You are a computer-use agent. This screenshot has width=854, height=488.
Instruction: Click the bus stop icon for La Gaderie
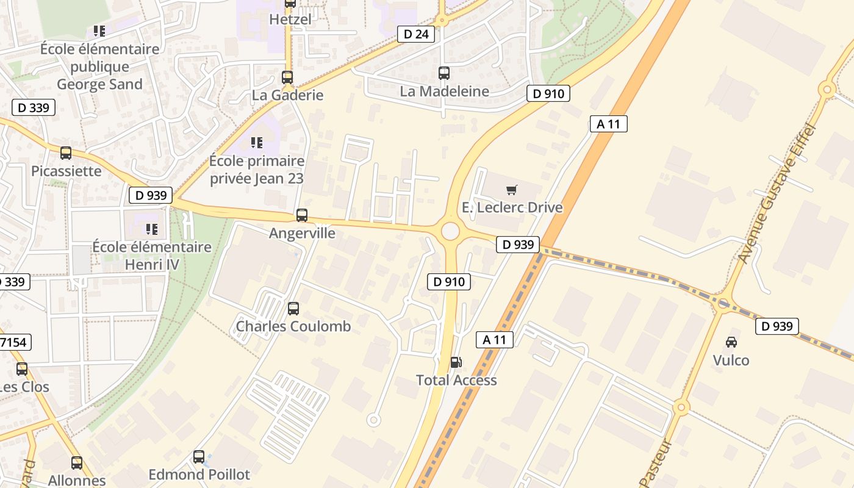pyautogui.click(x=287, y=77)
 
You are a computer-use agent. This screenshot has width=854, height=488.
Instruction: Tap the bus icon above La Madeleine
pyautogui.click(x=444, y=73)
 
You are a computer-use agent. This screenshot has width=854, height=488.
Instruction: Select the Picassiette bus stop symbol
pyautogui.click(x=66, y=153)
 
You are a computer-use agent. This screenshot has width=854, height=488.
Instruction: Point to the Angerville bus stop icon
pyautogui.click(x=302, y=215)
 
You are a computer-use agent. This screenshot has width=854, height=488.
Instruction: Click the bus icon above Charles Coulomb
pyautogui.click(x=293, y=309)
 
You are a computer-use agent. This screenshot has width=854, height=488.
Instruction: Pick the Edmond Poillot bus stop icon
pyautogui.click(x=199, y=457)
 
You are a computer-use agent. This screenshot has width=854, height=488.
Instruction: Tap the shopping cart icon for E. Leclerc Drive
pyautogui.click(x=512, y=190)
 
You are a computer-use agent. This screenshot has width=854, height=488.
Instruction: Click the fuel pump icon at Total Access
pyautogui.click(x=456, y=362)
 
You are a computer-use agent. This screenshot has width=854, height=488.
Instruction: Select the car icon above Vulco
pyautogui.click(x=731, y=342)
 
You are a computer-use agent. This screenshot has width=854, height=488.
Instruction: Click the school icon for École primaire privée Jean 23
pyautogui.click(x=257, y=143)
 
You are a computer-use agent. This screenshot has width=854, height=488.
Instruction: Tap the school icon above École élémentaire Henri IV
pyautogui.click(x=151, y=229)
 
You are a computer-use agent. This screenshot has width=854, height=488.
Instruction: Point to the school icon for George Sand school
pyautogui.click(x=99, y=31)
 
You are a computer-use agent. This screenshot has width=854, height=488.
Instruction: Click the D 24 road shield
pyautogui.click(x=417, y=34)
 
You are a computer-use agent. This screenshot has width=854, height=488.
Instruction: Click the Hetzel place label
pyautogui.click(x=290, y=20)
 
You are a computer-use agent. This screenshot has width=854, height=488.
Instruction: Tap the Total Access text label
pyautogui.click(x=456, y=380)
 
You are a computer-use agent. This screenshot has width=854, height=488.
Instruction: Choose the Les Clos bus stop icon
pyautogui.click(x=22, y=369)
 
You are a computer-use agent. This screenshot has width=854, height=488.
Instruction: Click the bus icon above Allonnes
pyautogui.click(x=77, y=463)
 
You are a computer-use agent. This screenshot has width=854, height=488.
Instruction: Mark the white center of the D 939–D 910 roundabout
pyautogui.click(x=450, y=231)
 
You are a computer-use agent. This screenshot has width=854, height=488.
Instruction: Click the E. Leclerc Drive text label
pyautogui.click(x=512, y=207)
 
